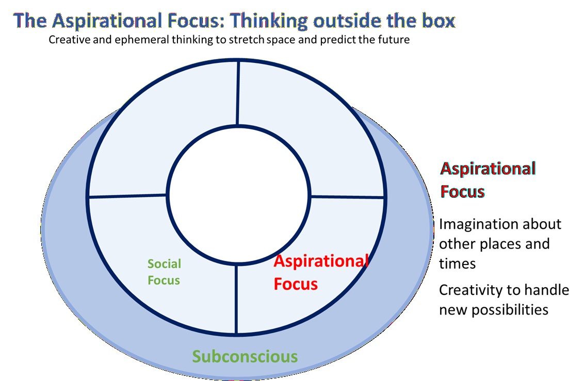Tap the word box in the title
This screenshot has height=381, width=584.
coord(437,21)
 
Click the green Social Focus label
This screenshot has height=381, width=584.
coord(164,272)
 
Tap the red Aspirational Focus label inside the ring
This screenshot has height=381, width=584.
coord(320,272)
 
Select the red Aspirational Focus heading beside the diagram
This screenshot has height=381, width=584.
coord(488,180)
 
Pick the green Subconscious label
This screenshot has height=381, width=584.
coord(245,356)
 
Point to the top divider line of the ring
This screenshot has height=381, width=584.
coord(238,93)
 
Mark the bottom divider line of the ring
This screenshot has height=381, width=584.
coord(236,299)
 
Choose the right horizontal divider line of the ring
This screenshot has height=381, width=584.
coord(347,196)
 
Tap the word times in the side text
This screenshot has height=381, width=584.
coord(457,263)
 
